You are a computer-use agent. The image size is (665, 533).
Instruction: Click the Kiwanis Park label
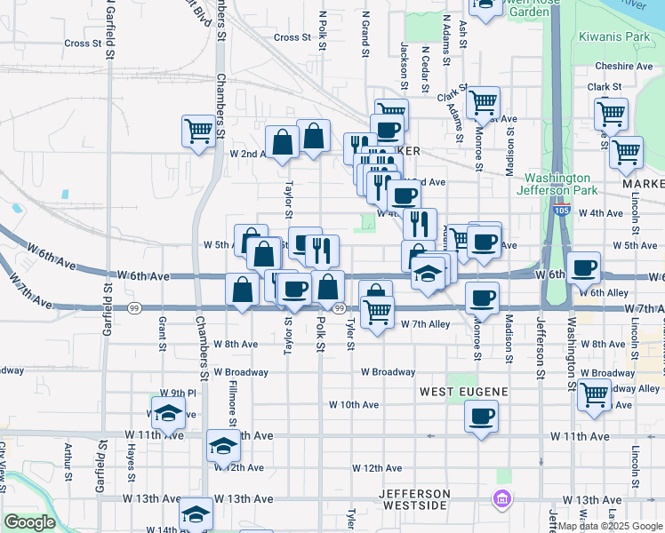[x=614, y=37]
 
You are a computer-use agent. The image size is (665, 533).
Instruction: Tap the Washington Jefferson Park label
[x=558, y=184]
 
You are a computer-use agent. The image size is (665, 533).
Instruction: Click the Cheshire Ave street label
[x=625, y=66]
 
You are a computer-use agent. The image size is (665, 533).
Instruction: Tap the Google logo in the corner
[x=29, y=522]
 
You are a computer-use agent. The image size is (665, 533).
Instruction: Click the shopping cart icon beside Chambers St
[x=197, y=131]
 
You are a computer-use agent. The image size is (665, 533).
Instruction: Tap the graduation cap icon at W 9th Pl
[x=167, y=413]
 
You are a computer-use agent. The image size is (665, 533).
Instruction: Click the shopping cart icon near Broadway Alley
[x=594, y=394]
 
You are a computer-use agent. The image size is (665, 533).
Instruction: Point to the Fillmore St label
[x=231, y=399]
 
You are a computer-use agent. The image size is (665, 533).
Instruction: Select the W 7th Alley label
[x=426, y=325]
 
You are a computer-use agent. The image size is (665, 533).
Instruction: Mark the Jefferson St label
[x=539, y=338]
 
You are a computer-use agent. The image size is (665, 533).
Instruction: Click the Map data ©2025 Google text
[x=610, y=526]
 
